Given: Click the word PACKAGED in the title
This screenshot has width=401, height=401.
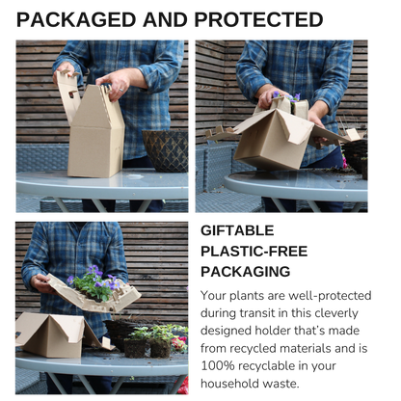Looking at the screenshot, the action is coord(76,20).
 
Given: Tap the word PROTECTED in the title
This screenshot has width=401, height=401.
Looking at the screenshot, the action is coord(258,20).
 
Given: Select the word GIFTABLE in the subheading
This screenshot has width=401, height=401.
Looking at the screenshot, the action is coord(237,230).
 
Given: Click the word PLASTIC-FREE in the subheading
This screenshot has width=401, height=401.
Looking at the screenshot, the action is coord(254,252).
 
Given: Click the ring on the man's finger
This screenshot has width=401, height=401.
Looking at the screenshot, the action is coord(121,91).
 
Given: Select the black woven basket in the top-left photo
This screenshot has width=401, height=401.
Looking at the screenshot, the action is coord(166,150).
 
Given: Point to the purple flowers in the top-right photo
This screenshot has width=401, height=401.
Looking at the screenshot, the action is coord(287,96).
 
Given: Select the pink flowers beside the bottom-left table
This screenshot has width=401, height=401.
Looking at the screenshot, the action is coord(181,344).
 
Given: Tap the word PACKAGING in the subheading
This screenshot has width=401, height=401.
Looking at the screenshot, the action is coord(246,272).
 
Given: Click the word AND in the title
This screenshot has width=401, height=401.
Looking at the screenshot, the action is coord(165,20).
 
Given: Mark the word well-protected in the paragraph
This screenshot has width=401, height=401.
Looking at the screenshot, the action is coord(330,296).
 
